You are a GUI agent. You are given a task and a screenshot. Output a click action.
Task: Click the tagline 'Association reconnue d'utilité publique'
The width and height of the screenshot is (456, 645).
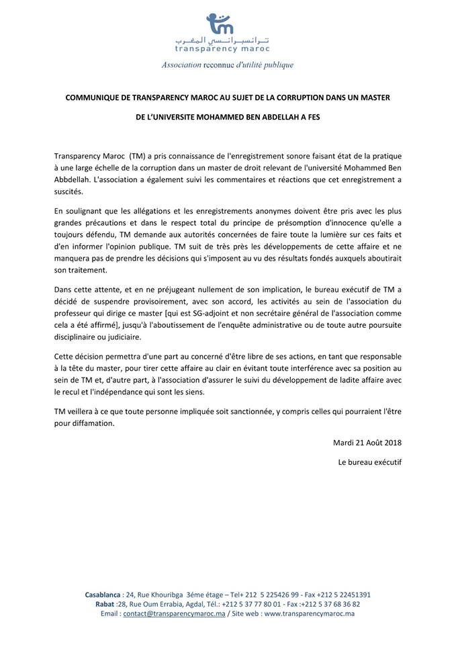[228, 65]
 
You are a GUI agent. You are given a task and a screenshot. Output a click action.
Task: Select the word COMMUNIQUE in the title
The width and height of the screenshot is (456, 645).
[93, 97]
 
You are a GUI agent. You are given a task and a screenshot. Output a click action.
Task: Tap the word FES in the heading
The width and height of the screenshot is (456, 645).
[312, 118]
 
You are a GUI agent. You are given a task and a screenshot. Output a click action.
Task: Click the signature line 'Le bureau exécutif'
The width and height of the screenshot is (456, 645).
[370, 462]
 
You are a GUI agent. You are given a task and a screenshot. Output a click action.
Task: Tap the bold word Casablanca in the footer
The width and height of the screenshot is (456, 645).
[103, 595]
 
